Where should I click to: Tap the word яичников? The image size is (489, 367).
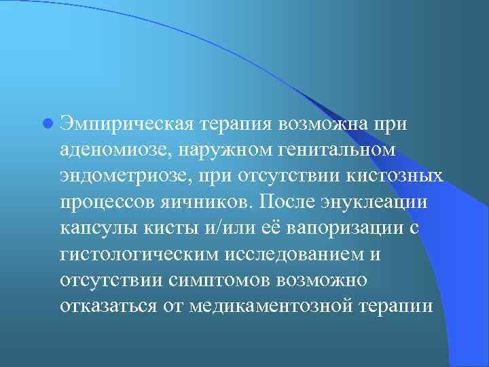[x=196, y=203]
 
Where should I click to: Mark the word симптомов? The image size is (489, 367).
[x=205, y=280]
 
